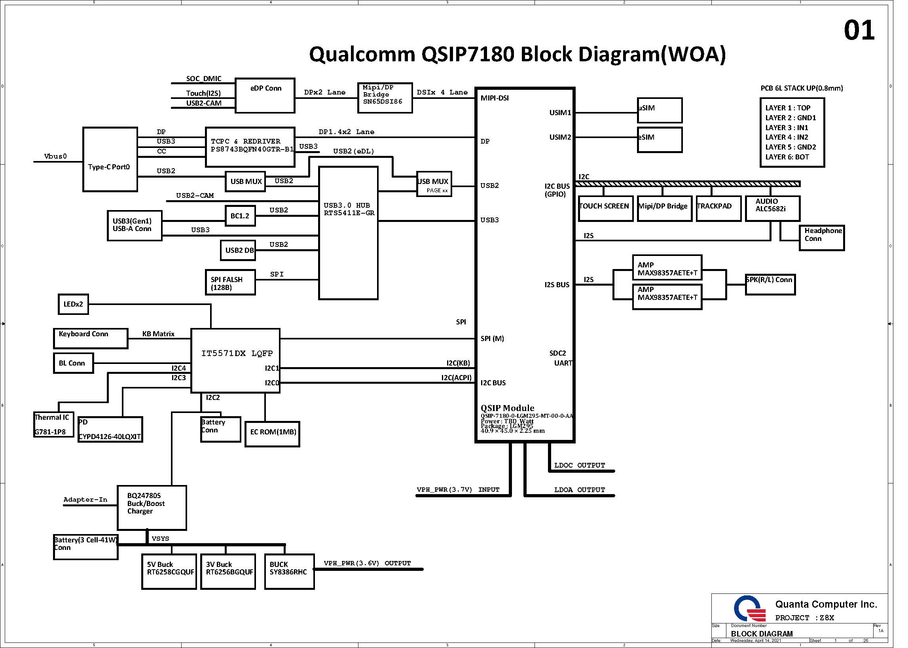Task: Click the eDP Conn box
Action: coord(265,95)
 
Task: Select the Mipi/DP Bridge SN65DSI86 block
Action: coord(385,98)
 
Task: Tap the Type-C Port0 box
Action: coord(110,159)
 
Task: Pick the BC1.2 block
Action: coord(240,216)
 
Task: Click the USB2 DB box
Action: coord(238,250)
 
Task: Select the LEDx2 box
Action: coord(73,304)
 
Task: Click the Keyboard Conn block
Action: coord(91,338)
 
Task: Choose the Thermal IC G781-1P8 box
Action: coord(53,424)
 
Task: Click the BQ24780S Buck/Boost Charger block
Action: coord(152,508)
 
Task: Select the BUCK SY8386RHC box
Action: coord(289,571)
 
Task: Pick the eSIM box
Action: coord(660,140)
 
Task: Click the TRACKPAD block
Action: coord(718,208)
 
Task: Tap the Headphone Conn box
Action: coord(821,238)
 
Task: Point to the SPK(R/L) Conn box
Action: coord(770,284)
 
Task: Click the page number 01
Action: coord(859,31)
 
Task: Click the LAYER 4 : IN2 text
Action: coord(786,137)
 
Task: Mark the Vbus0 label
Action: coord(55,156)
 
